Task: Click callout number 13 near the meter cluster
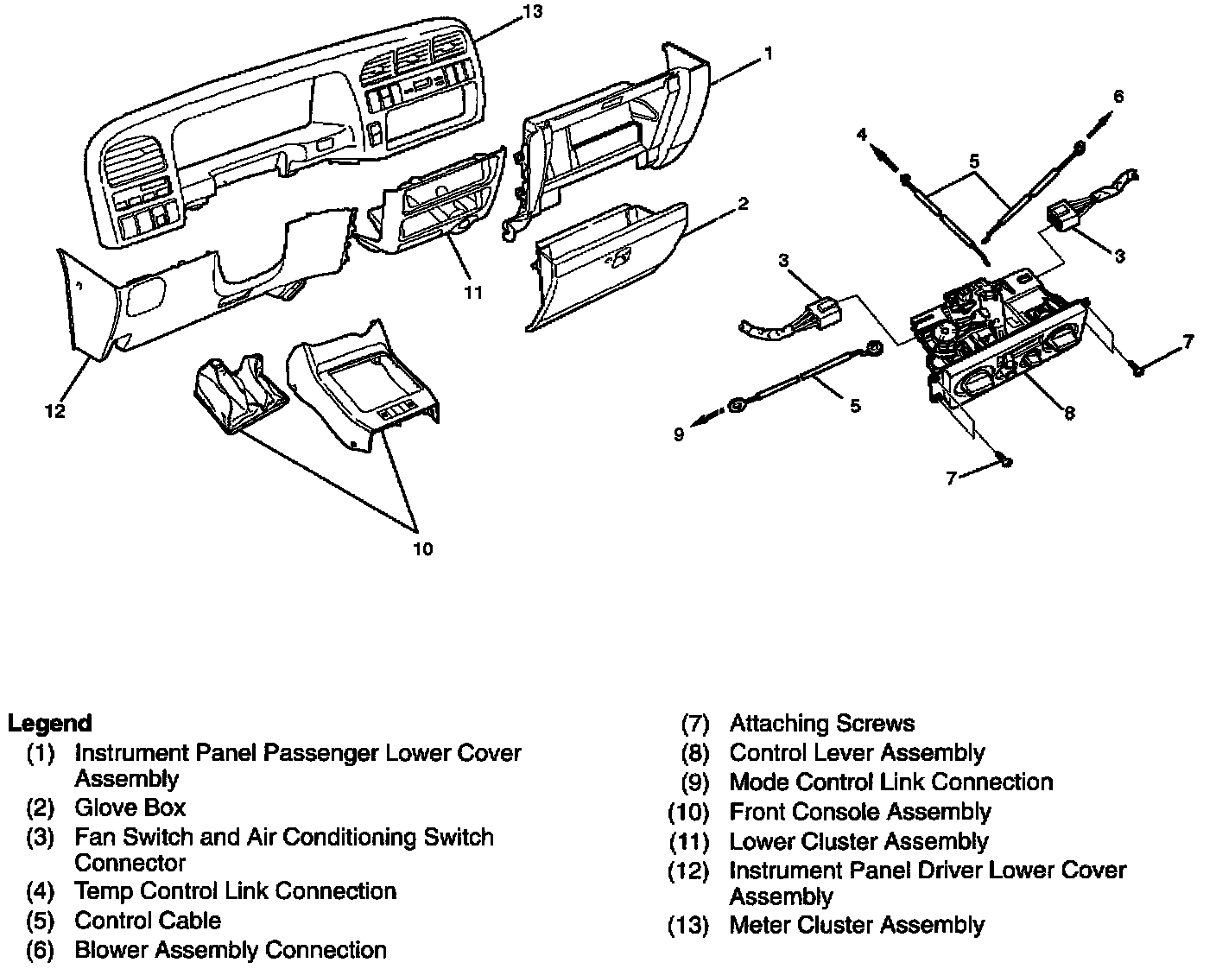pyautogui.click(x=532, y=11)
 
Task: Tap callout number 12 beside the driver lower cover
pyautogui.click(x=55, y=411)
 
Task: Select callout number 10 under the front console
pyautogui.click(x=422, y=548)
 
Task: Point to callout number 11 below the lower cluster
pyautogui.click(x=473, y=292)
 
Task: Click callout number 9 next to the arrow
pyautogui.click(x=679, y=434)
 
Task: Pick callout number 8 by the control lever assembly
pyautogui.click(x=1069, y=413)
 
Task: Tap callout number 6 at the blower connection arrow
pyautogui.click(x=1118, y=96)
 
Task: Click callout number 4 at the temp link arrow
pyautogui.click(x=861, y=134)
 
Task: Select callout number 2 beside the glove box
pyautogui.click(x=743, y=204)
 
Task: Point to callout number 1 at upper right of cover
pyautogui.click(x=768, y=54)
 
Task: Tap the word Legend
pyautogui.click(x=50, y=723)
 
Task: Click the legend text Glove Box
pyautogui.click(x=130, y=808)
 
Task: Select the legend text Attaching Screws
pyautogui.click(x=821, y=723)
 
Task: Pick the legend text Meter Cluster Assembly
pyautogui.click(x=857, y=925)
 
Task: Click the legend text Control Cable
pyautogui.click(x=148, y=921)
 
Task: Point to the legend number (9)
pyautogui.click(x=695, y=782)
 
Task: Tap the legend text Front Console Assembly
pyautogui.click(x=860, y=812)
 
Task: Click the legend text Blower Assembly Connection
pyautogui.click(x=231, y=950)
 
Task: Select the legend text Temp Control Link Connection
pyautogui.click(x=235, y=891)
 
